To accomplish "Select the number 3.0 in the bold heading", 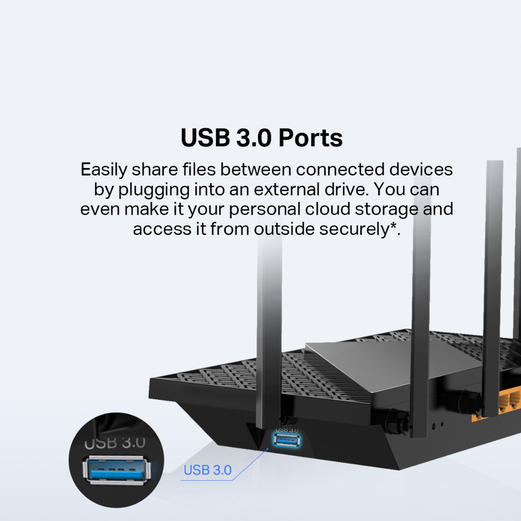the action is coord(253,138).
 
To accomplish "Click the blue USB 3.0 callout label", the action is coord(208,470).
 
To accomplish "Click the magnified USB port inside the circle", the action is coord(116,469).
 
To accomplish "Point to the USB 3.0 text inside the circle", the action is coord(114,442).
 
